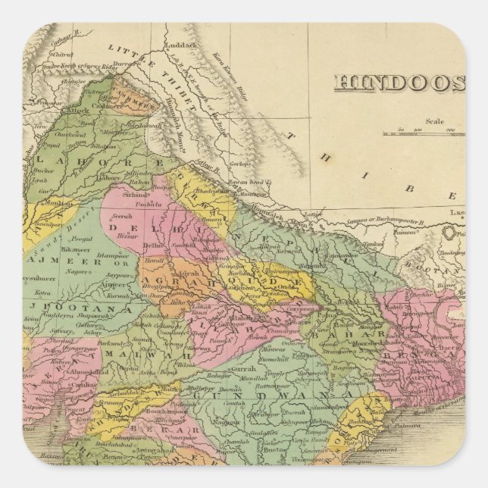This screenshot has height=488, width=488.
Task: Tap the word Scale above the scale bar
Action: [435, 120]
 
